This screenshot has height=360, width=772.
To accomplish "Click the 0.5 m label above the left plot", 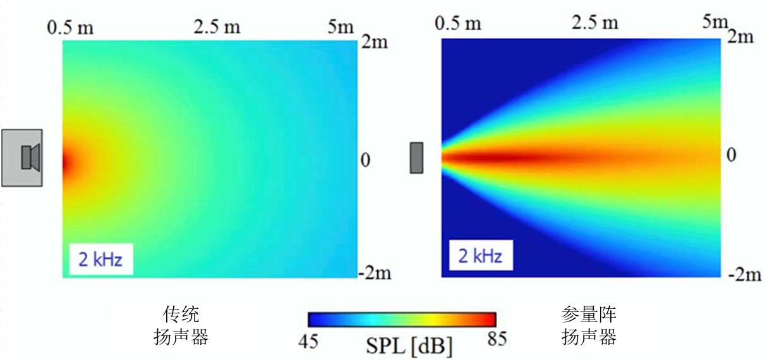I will click(x=71, y=28).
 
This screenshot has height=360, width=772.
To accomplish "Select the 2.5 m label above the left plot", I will click(x=217, y=28).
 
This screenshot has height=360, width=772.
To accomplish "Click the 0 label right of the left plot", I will click(x=365, y=160).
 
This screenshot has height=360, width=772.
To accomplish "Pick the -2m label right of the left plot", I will click(x=375, y=273).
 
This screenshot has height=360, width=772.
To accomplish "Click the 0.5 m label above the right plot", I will click(x=458, y=23).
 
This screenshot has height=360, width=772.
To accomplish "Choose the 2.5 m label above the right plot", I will click(x=595, y=23).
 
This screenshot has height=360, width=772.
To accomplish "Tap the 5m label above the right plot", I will click(x=716, y=23).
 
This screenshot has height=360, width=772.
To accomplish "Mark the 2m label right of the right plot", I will click(x=740, y=37).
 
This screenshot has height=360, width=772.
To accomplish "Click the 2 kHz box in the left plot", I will click(x=100, y=260).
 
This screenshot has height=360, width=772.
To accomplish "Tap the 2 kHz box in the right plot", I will click(x=481, y=256).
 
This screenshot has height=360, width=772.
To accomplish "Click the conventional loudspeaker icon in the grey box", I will click(x=30, y=157).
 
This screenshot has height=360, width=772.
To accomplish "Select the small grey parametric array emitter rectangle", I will click(x=416, y=157).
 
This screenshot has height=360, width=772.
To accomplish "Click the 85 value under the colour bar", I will click(x=497, y=340).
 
